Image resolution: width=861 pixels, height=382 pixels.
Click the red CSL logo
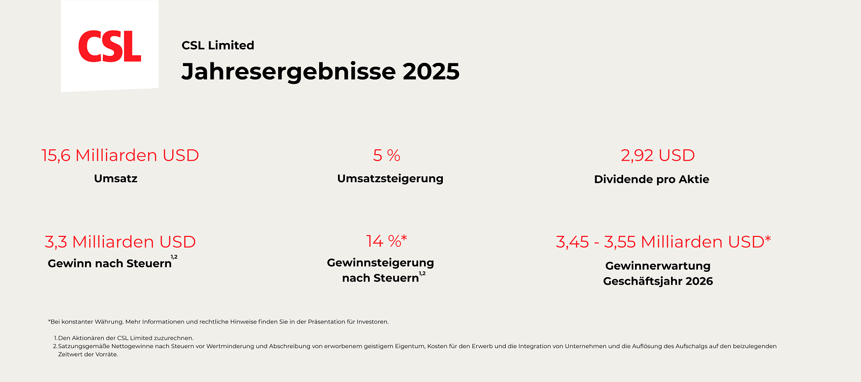110,47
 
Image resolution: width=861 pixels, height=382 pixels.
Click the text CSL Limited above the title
217,46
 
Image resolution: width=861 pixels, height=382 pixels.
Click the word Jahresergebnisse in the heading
288,71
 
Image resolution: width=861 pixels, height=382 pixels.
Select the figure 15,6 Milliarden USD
120,155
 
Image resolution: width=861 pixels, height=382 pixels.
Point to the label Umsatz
116,178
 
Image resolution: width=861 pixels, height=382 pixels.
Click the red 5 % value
386,155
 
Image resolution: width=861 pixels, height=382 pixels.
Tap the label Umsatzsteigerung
390,178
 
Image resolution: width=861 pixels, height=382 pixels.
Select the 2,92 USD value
658,155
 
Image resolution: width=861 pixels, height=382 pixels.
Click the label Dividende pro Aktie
651,179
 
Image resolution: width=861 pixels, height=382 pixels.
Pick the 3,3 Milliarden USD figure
120,242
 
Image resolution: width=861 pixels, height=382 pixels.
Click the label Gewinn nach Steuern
110,263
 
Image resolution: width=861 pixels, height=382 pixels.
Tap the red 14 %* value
386,241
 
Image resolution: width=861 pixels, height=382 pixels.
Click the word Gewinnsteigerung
380,263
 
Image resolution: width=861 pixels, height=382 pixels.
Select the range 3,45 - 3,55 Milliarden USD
663,242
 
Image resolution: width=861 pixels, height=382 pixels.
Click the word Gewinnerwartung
658,266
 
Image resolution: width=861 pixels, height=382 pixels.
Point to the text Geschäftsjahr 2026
658,281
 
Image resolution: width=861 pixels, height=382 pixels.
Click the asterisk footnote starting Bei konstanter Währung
218,322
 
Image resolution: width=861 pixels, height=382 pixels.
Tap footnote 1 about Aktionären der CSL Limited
125,338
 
